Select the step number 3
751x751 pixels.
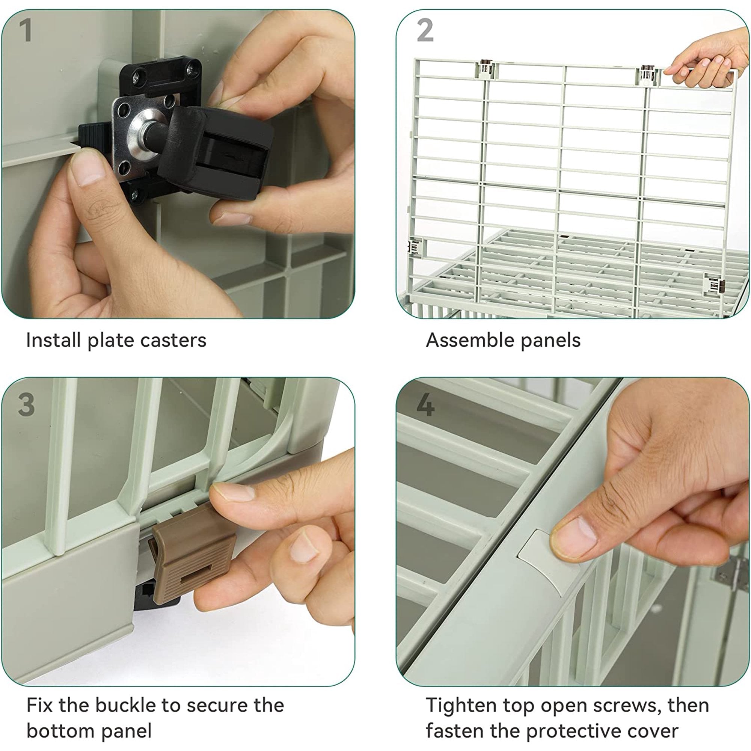coord(26,405)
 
